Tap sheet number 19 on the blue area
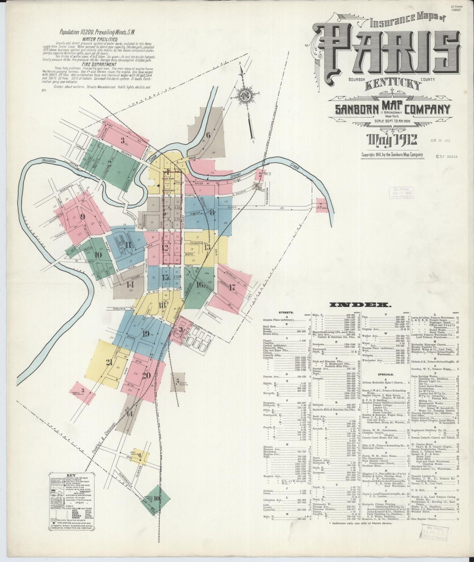pos(146,334)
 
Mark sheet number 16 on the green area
pos(199,284)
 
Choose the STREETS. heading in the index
pos(286,313)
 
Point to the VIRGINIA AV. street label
pos(120,309)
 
